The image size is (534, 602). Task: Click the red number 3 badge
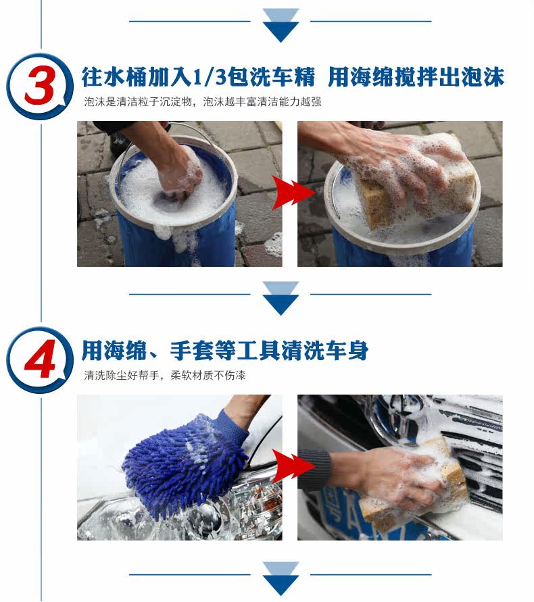40,86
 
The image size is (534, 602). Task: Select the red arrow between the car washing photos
293,466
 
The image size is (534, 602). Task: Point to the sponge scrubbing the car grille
415,486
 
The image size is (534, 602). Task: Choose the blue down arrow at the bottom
281,578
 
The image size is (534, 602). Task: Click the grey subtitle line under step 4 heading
165,375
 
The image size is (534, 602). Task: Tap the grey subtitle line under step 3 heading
203,102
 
